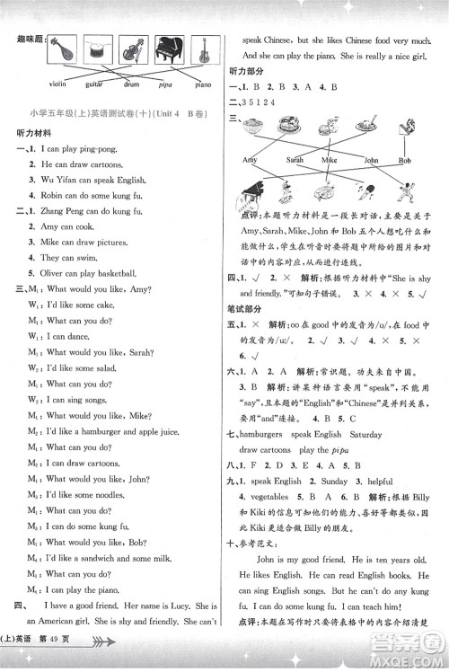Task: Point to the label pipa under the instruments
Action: pyautogui.click(x=167, y=87)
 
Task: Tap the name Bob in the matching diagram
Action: pyautogui.click(x=405, y=160)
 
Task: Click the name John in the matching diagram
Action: pyautogui.click(x=372, y=160)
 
